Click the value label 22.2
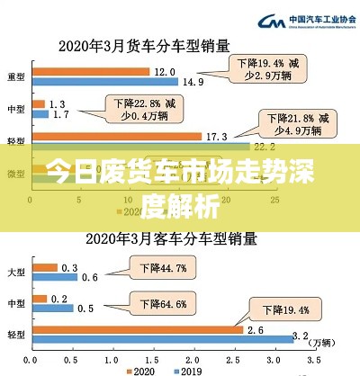pyautogui.click(x=263, y=147)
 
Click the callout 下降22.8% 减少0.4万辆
pyautogui.click(x=139, y=108)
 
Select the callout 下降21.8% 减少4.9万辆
pyautogui.click(x=289, y=124)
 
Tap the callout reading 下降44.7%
pyautogui.click(x=162, y=267)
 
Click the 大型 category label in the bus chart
pyautogui.click(x=15, y=271)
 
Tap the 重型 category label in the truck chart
pyautogui.click(x=15, y=76)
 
